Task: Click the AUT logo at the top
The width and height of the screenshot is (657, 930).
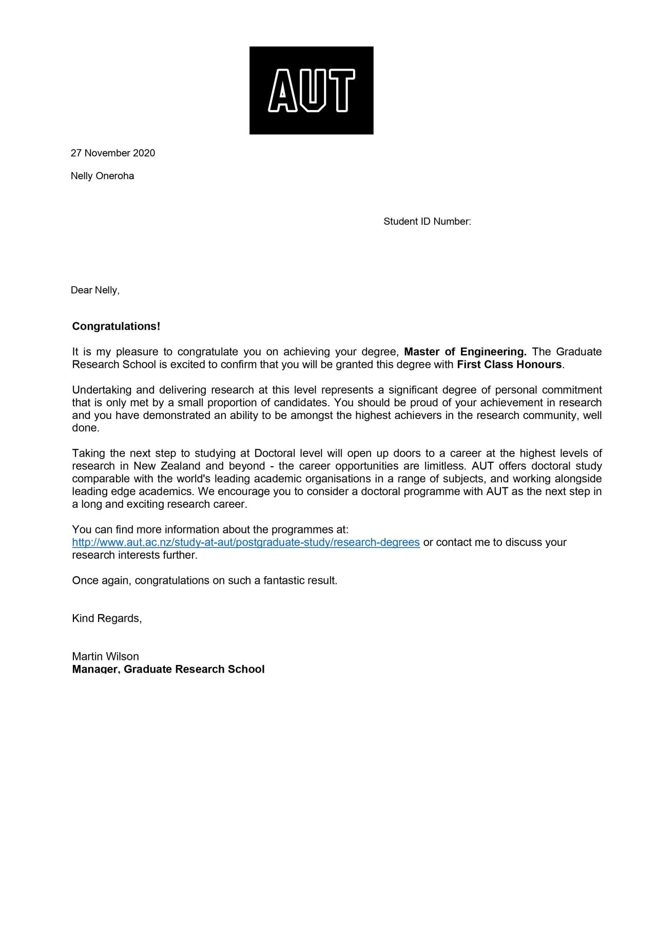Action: (x=311, y=90)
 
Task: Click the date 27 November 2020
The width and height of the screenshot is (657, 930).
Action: (x=112, y=153)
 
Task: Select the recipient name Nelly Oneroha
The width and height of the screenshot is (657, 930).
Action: (x=102, y=176)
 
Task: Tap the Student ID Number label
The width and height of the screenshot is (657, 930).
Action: (x=427, y=222)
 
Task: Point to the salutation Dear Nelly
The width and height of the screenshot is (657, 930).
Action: (x=95, y=291)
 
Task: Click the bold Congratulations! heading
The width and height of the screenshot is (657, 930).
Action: (x=116, y=327)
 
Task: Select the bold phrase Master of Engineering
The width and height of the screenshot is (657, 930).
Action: (x=465, y=352)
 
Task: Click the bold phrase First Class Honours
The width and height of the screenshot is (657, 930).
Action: (x=509, y=365)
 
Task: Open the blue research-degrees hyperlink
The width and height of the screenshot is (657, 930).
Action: (x=246, y=542)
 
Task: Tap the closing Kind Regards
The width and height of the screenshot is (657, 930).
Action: (x=107, y=618)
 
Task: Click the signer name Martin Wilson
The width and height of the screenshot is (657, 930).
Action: (x=105, y=656)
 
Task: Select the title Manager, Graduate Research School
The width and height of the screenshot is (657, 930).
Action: (x=168, y=669)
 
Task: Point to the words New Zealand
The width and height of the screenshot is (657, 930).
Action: (x=167, y=466)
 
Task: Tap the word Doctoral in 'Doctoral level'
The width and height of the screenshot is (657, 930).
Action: (x=275, y=453)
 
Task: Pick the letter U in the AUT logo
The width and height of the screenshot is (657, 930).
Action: (x=312, y=91)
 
